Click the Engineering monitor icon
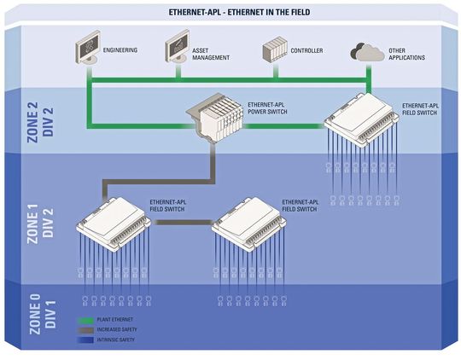coord(89,49)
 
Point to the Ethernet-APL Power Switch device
coord(216,119)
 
